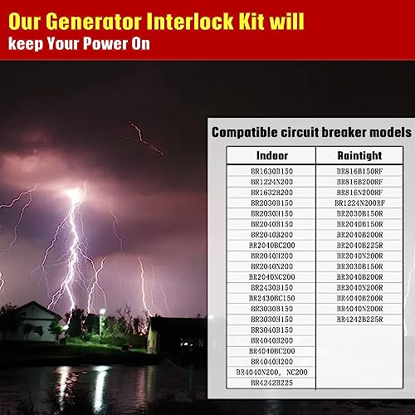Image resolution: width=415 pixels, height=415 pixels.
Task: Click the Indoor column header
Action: click(x=271, y=156)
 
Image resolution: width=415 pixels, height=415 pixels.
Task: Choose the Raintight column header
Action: click(x=359, y=156)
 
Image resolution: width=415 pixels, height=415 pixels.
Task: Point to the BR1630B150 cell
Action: click(x=271, y=171)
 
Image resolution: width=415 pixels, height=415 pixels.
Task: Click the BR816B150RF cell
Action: click(x=359, y=171)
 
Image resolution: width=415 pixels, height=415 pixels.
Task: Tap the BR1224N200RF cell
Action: click(x=359, y=203)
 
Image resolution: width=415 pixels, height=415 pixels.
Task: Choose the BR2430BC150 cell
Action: click(x=271, y=298)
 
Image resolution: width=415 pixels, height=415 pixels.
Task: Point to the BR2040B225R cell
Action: click(x=359, y=245)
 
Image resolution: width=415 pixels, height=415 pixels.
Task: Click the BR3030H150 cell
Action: click(x=271, y=319)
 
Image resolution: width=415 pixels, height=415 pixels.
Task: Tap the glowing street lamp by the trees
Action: click(x=102, y=313)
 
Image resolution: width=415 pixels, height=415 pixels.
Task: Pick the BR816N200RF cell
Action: click(x=359, y=192)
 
